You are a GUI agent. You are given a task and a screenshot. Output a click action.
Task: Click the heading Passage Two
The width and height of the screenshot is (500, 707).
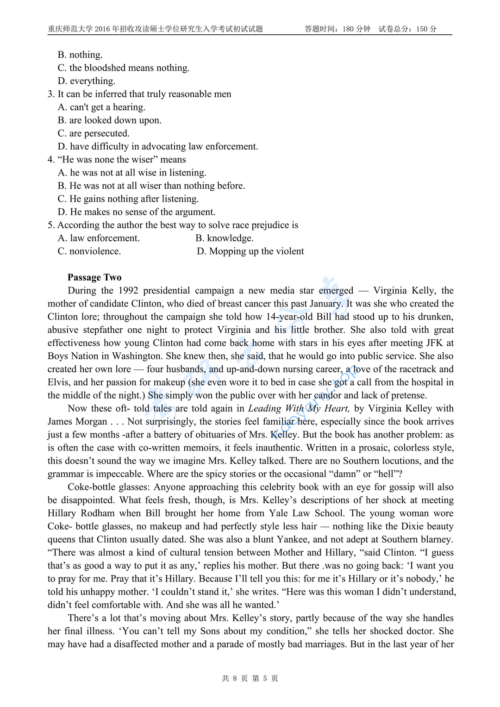[94, 277]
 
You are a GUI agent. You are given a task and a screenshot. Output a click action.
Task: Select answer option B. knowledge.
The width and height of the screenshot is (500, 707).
[224, 238]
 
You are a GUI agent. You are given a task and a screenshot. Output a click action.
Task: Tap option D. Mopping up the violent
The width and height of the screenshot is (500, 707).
[250, 251]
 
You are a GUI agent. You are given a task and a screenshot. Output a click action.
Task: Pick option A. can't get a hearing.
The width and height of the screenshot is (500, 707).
[101, 107]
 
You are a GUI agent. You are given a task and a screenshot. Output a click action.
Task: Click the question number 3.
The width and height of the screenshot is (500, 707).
[50, 94]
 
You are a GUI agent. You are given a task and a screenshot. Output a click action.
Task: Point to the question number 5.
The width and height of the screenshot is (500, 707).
[50, 225]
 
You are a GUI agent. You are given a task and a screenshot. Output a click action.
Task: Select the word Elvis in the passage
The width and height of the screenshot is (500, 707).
[58, 382]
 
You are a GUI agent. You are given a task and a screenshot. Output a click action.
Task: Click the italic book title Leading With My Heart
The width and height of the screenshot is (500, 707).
[299, 408]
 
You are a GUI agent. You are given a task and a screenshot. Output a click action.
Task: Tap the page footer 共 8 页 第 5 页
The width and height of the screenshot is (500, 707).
[250, 678]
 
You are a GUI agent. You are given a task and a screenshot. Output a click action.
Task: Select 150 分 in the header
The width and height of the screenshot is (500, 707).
[426, 29]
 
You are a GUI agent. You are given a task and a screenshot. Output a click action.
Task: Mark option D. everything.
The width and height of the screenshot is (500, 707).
[87, 81]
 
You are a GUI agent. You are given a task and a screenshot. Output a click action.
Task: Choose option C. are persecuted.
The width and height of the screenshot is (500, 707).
[94, 133]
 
